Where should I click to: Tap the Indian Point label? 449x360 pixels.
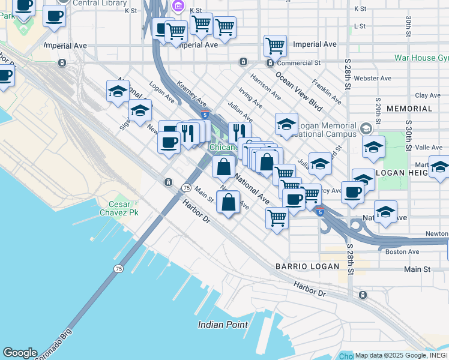coord(223,325)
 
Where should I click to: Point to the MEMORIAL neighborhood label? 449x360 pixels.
coord(409,109)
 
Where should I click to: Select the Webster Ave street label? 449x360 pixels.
coord(373,78)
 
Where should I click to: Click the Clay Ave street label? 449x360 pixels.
coord(427,95)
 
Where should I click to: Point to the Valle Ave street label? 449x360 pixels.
coord(429,147)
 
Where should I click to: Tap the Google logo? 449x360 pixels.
coord(20,353)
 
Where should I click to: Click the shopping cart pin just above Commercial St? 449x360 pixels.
coord(275,45)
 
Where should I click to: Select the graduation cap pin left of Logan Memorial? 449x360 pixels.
coord(287,124)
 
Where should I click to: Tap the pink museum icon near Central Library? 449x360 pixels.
coord(178,7)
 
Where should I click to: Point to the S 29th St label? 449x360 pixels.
coord(378,110)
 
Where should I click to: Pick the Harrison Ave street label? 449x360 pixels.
coord(266,87)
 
